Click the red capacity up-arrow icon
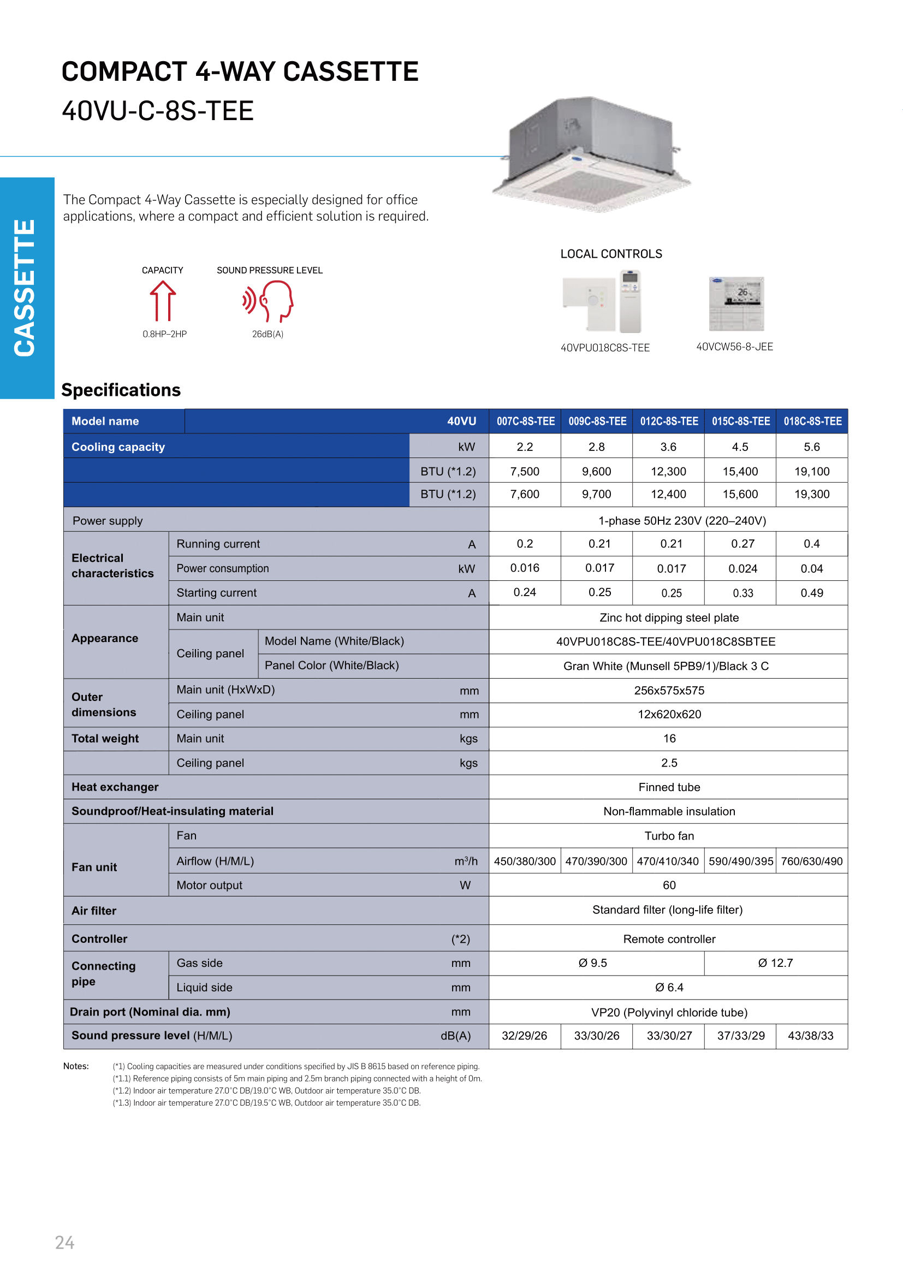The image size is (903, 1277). tap(162, 301)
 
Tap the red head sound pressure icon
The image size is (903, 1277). tap(269, 301)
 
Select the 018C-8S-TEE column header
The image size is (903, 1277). tap(812, 421)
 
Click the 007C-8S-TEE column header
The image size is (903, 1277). tap(525, 421)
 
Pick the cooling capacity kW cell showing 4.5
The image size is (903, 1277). tap(740, 447)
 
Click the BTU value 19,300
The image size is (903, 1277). tap(811, 494)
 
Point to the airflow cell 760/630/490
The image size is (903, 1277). tap(811, 861)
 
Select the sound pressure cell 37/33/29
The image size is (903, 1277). tap(740, 1036)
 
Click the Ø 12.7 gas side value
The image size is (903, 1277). tap(775, 963)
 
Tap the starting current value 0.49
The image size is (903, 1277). tap(811, 593)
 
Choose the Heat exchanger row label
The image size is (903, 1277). tap(115, 787)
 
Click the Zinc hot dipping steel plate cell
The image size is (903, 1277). tap(668, 617)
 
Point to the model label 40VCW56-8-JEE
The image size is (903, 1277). tap(734, 347)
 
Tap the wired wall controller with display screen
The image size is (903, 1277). tap(736, 304)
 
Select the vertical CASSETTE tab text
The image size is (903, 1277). tap(26, 288)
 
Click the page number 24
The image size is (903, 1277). tap(64, 1243)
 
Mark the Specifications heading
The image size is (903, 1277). tap(121, 390)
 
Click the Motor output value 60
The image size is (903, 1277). tap(668, 885)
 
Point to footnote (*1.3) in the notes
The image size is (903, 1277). tap(266, 1103)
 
